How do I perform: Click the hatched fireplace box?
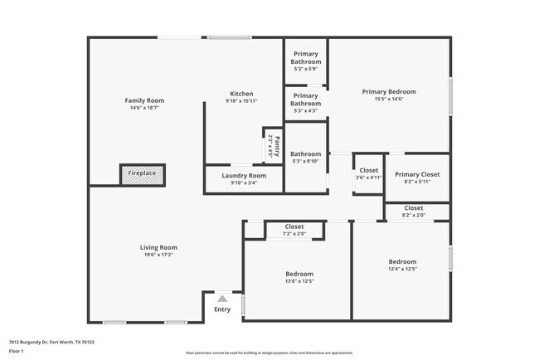click(142, 173)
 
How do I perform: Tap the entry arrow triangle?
click(221, 297)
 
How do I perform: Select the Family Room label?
click(141, 100)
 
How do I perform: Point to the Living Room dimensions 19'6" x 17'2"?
click(158, 255)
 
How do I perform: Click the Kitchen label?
click(241, 94)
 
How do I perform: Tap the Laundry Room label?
click(244, 176)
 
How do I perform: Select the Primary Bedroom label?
click(389, 91)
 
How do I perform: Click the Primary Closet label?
click(417, 174)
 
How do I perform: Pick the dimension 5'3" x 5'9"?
click(306, 69)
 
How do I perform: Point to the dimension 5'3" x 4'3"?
click(306, 110)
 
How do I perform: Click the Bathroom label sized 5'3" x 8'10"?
click(305, 153)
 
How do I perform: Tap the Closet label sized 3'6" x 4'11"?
click(368, 170)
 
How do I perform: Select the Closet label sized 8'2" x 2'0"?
click(413, 207)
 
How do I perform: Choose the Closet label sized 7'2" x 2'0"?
click(294, 226)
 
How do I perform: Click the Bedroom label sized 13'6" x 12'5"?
click(299, 274)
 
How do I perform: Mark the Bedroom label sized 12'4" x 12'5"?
click(402, 261)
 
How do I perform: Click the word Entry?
click(222, 309)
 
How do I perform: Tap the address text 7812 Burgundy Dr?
click(29, 342)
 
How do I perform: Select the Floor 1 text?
click(17, 352)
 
